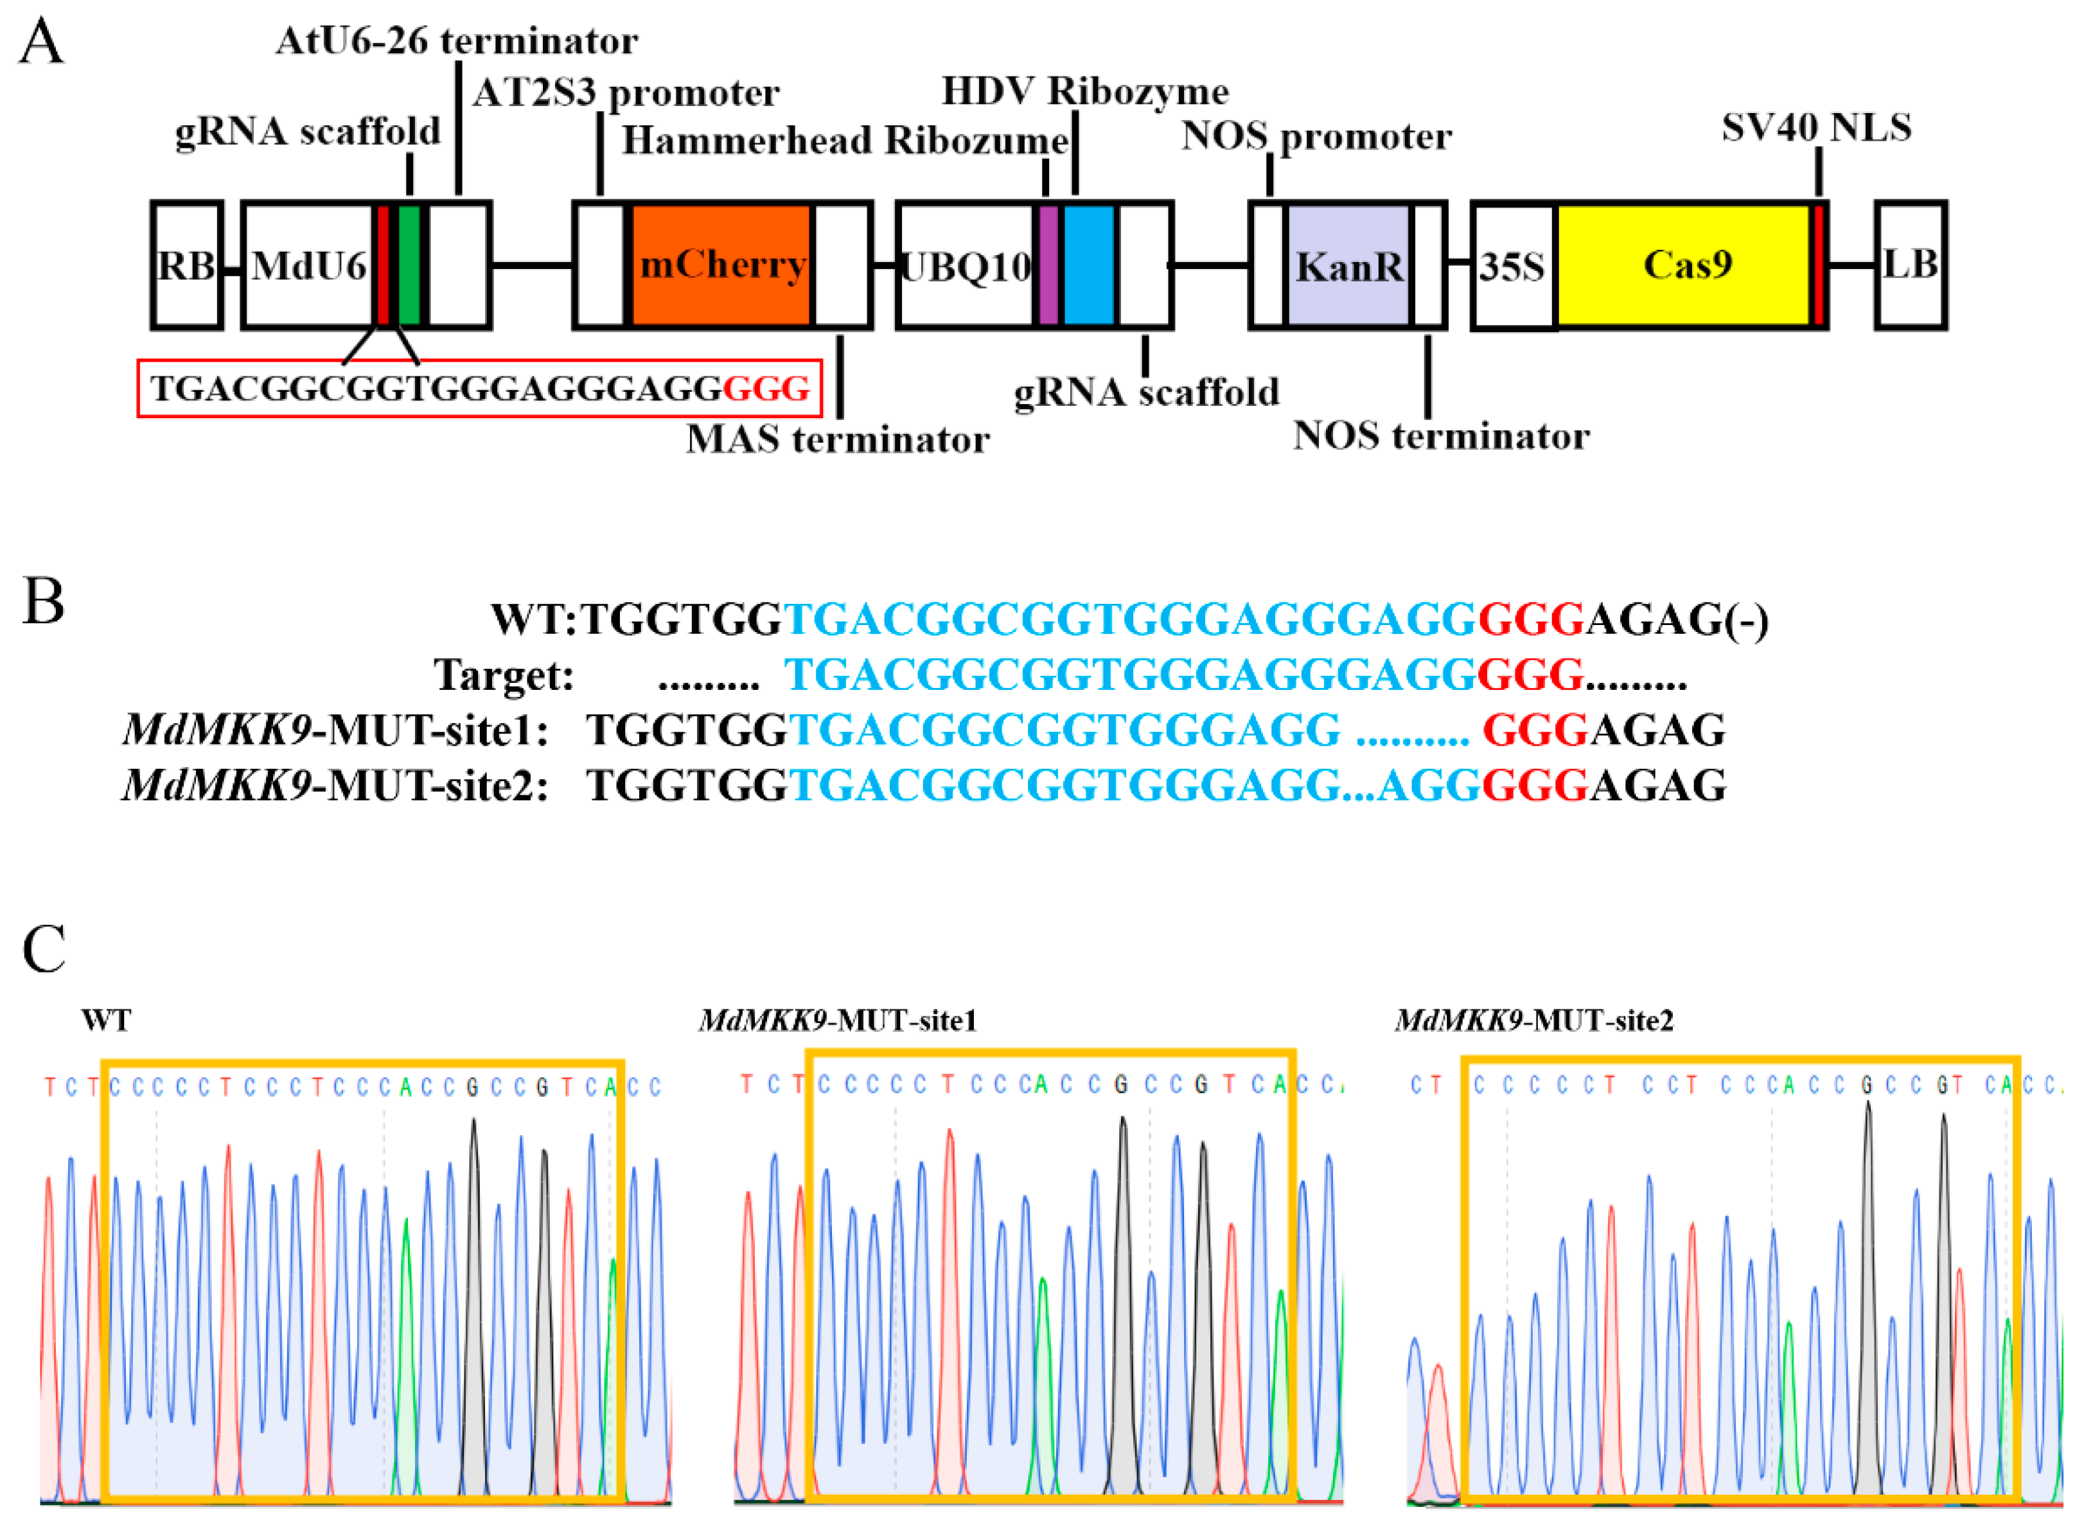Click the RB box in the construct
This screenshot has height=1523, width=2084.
[186, 265]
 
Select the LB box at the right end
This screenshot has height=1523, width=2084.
[1911, 265]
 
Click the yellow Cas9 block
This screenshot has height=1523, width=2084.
[1686, 265]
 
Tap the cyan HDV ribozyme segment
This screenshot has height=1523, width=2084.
[1089, 265]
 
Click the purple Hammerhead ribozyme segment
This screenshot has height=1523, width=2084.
[1048, 265]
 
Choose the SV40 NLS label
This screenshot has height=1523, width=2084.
[1815, 128]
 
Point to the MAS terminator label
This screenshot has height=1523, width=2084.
[837, 440]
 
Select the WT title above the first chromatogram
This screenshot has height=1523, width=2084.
[106, 1021]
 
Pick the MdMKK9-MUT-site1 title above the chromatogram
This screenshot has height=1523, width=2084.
[837, 1021]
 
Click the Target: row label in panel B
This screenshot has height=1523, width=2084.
[504, 676]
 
